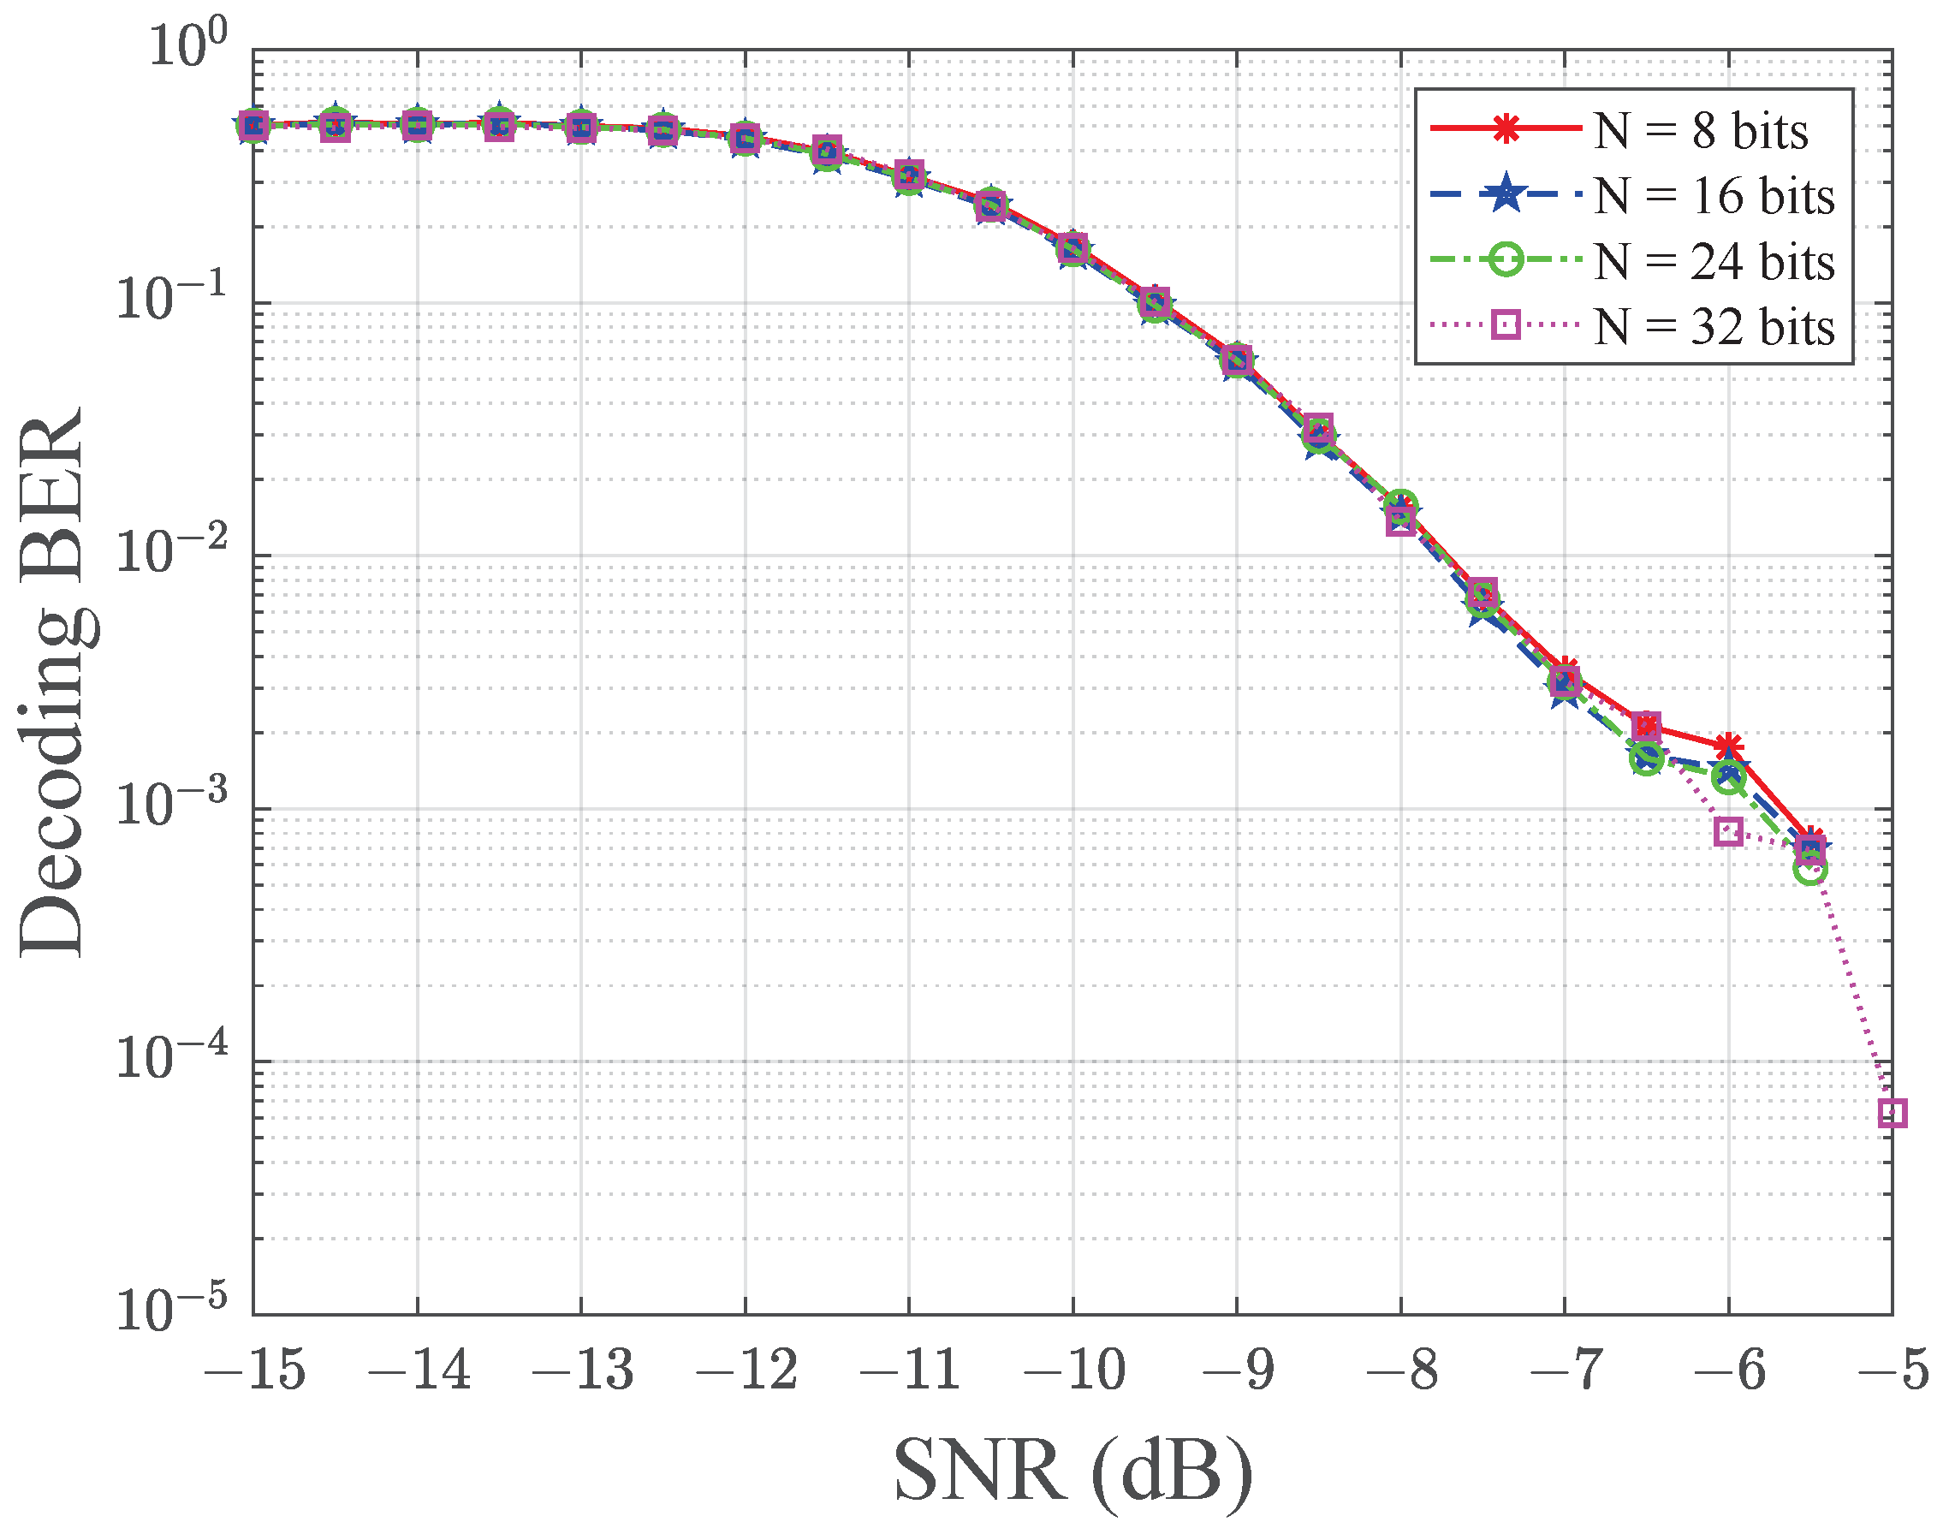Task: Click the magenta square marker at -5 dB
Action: pyautogui.click(x=1892, y=1113)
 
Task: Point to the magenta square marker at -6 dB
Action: pyautogui.click(x=1728, y=831)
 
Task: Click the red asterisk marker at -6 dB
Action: pyautogui.click(x=1728, y=746)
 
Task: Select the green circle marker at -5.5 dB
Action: pyautogui.click(x=1810, y=870)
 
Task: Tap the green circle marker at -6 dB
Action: pyautogui.click(x=1728, y=779)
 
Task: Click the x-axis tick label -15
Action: pyautogui.click(x=255, y=1370)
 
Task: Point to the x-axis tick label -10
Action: pyautogui.click(x=1073, y=1370)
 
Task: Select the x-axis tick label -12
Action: pyautogui.click(x=746, y=1370)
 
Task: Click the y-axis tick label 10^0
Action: pyautogui.click(x=187, y=46)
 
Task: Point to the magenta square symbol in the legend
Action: pyautogui.click(x=1506, y=324)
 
